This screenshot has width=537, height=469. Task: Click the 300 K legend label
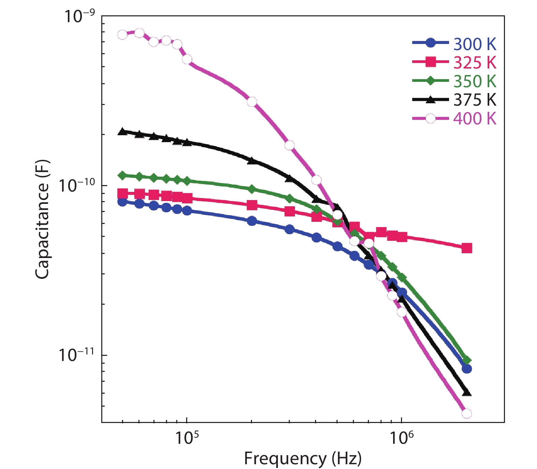point(475,44)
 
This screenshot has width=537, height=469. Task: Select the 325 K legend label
point(475,63)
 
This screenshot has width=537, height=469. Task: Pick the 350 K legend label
point(475,81)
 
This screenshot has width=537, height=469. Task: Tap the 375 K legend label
point(475,100)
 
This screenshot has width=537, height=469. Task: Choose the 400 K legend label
point(475,119)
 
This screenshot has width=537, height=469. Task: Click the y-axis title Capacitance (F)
point(42,220)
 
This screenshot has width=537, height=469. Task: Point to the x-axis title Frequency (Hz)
point(302,458)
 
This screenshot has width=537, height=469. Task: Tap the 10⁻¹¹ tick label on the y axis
point(77,354)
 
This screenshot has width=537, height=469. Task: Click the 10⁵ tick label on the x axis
point(186,438)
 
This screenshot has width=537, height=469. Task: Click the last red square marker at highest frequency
point(467,248)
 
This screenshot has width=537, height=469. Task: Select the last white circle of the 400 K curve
point(467,413)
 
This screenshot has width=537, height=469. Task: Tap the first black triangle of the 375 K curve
point(122,132)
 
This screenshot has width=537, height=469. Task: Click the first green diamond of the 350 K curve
point(122,175)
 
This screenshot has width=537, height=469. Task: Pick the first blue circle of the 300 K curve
point(122,201)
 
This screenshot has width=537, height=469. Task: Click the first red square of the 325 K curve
point(122,194)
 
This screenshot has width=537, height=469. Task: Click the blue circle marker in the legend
point(431,43)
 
